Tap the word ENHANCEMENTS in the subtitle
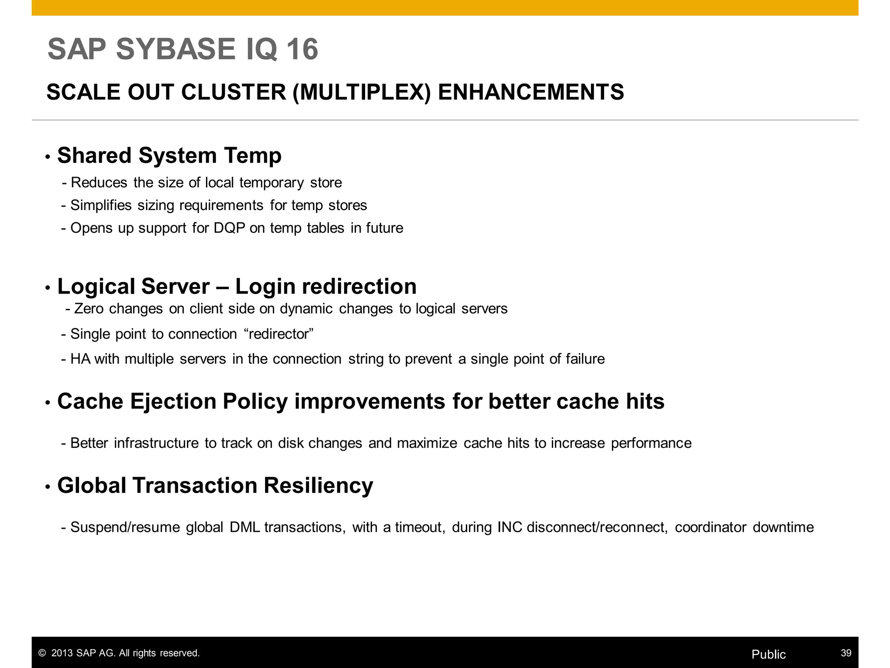point(531,92)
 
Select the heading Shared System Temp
point(169,156)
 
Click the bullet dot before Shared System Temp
point(48,157)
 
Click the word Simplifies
point(101,205)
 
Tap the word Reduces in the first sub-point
point(99,183)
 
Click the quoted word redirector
point(279,334)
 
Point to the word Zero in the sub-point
point(89,309)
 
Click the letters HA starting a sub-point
point(80,359)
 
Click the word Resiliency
point(318,485)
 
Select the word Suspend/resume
point(125,527)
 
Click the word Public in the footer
point(768,655)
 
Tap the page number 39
point(846,653)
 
